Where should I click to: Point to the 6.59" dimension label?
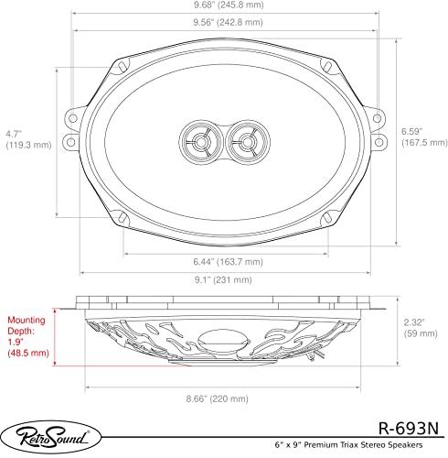coord(411,130)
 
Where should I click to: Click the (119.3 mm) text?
coord(28,145)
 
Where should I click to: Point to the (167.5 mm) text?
coord(423,143)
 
